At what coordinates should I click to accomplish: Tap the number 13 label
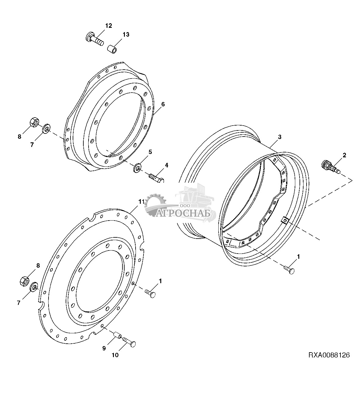[x=126, y=35]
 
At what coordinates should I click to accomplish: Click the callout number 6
[x=163, y=104]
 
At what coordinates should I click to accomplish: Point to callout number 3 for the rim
[x=279, y=137]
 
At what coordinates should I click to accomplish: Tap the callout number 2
[x=344, y=155]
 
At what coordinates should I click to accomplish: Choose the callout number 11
[x=141, y=202]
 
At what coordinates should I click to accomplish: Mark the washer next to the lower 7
[x=34, y=287]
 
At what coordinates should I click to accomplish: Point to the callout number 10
[x=115, y=355]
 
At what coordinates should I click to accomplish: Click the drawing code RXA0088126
[x=329, y=355]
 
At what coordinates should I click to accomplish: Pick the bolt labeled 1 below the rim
[x=289, y=270]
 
